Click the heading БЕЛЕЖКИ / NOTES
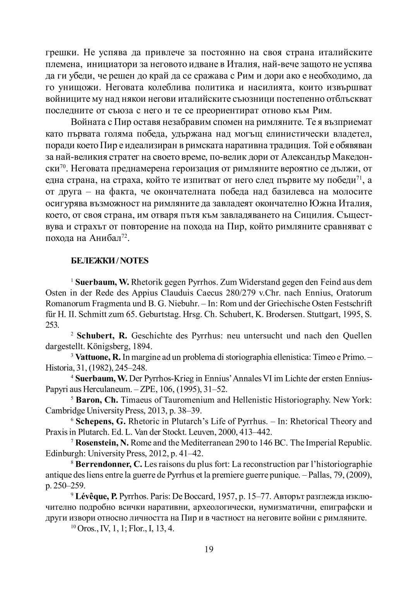click(x=110, y=261)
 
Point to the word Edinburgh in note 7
click(x=61, y=453)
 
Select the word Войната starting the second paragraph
click(x=87, y=122)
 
